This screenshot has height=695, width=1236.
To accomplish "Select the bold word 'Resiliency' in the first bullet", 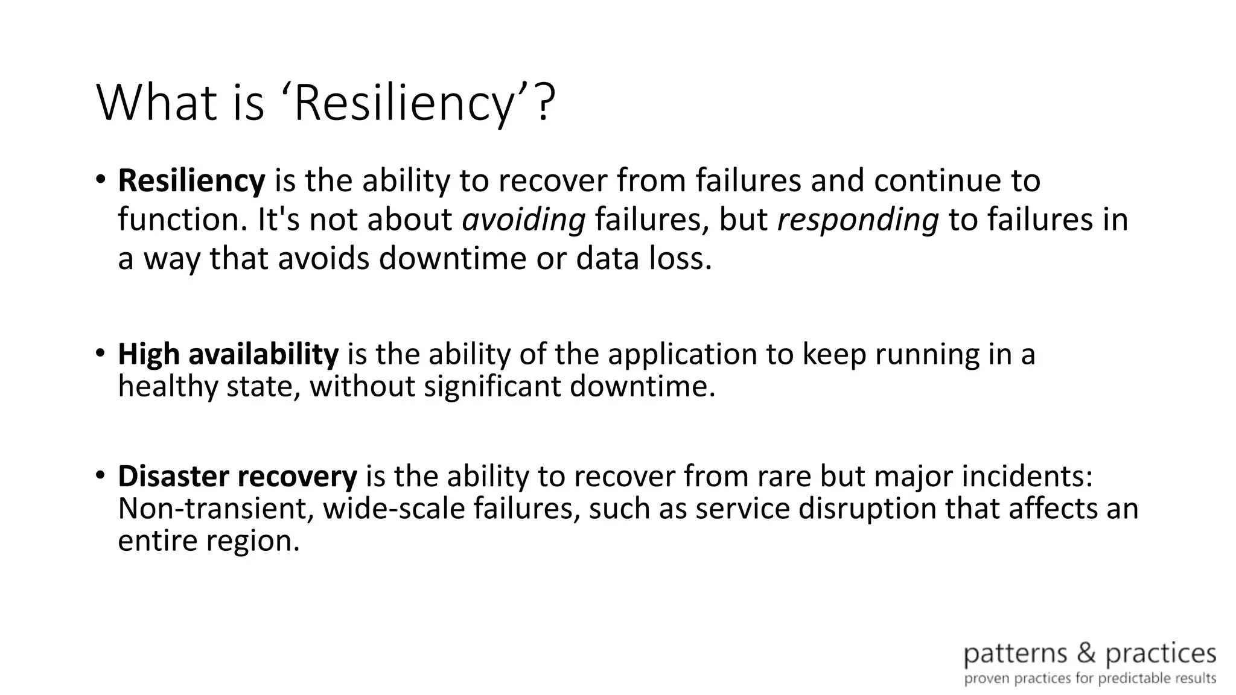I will (191, 180).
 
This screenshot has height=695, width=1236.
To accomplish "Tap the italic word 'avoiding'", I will (523, 220).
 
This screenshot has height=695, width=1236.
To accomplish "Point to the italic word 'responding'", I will (858, 220).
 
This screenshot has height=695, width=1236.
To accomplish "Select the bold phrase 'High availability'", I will (228, 354).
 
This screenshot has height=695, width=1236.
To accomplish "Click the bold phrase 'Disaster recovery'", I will (237, 476).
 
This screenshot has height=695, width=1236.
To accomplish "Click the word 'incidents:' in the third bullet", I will (1027, 476).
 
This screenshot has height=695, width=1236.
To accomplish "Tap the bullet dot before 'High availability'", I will (100, 353).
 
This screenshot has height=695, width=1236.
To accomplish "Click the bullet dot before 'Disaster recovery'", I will (100, 475).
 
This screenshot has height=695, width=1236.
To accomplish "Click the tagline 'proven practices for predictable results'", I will (1090, 679).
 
